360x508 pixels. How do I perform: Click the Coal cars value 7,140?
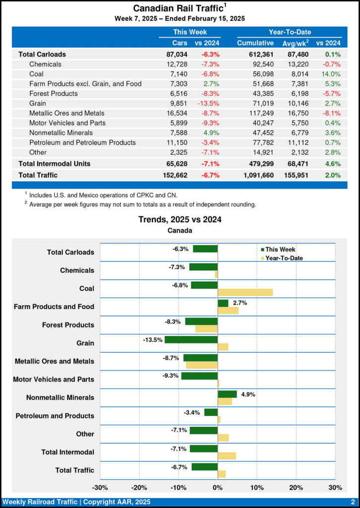point(177,74)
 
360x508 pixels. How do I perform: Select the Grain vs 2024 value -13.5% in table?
point(209,103)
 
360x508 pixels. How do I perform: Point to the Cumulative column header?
point(255,43)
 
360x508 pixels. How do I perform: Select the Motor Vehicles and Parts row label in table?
point(67,123)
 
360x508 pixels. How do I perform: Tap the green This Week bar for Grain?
point(191,340)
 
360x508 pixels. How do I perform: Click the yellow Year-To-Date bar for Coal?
point(245,292)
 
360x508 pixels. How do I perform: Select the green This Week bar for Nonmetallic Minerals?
point(227,394)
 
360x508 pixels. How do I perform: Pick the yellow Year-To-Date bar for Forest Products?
point(207,329)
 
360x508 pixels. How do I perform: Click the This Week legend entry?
point(281,249)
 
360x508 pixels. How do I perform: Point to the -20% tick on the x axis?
point(140,488)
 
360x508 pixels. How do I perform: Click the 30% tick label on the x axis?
point(335,488)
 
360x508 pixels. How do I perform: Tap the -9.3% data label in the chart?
point(170,376)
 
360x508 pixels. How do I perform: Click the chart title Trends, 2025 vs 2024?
point(180,220)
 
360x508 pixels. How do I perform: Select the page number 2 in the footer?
point(352,502)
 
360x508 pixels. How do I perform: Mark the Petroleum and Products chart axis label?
point(55,416)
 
